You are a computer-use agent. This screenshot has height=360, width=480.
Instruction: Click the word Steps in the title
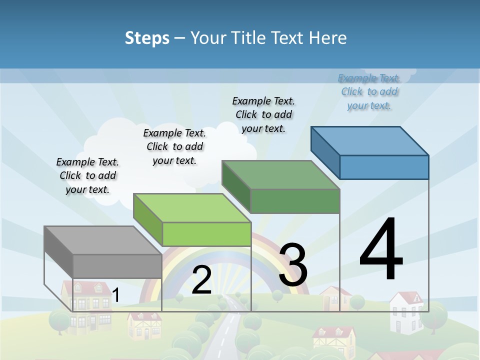147,38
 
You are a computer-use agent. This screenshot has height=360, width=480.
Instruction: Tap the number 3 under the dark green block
293,265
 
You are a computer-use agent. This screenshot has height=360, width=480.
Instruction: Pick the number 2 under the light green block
201,280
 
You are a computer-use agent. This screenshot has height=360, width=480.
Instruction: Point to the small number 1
116,295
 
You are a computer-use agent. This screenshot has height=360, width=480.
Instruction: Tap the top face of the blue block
370,141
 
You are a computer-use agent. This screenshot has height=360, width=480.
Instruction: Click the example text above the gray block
87,175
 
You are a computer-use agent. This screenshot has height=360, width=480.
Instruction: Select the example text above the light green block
174,146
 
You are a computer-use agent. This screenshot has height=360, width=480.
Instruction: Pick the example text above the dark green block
263,114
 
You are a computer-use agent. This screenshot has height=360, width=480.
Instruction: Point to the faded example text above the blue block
369,91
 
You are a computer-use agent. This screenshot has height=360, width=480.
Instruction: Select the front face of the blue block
384,167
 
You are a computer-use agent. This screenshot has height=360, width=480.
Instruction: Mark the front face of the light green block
206,234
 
